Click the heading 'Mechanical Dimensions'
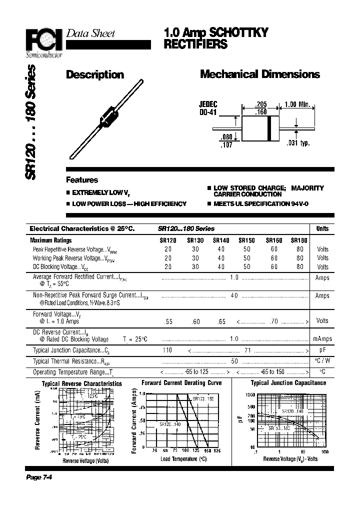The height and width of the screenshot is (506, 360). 259,74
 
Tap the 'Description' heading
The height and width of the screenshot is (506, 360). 95,75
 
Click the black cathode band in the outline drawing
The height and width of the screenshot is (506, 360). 269,127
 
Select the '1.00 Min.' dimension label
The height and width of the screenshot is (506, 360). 297,104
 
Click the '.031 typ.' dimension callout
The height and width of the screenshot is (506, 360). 298,143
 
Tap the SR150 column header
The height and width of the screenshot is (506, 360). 246,240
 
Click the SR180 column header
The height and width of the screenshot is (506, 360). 299,240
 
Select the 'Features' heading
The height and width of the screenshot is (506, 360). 82,180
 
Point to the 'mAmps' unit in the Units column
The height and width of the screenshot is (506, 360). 322,339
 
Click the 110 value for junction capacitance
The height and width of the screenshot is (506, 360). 167,350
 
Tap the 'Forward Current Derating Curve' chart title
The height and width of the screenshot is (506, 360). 181,383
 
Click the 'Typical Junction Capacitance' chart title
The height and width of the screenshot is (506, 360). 288,383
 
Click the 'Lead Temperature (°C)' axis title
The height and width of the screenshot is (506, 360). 183,458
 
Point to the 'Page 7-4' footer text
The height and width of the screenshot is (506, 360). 39,477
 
